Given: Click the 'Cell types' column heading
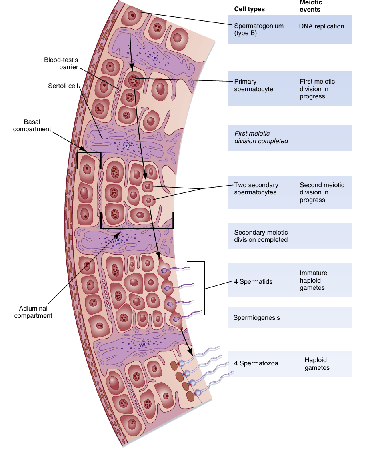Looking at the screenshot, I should [x=249, y=9].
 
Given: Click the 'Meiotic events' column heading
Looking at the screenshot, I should [x=311, y=6].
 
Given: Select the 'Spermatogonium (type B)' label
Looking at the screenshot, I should [x=259, y=30].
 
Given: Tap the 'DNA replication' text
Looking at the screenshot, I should [x=321, y=26].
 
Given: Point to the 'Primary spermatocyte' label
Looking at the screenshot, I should [x=254, y=85].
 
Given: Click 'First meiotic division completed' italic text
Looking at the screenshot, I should [x=261, y=137].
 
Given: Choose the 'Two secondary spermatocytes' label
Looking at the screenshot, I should [x=256, y=189].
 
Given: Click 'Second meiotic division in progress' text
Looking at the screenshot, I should [x=322, y=192].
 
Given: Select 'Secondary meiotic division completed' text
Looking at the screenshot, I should [x=261, y=236].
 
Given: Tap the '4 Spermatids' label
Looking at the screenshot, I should [x=253, y=282].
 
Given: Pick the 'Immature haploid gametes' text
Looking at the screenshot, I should [x=313, y=280].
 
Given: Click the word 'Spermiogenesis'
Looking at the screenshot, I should [x=256, y=318].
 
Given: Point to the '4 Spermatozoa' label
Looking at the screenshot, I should [x=256, y=363].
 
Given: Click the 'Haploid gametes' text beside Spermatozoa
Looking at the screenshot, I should [x=317, y=364].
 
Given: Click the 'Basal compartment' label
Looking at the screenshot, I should [x=32, y=125].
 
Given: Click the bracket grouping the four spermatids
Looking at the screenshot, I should [x=204, y=288].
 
